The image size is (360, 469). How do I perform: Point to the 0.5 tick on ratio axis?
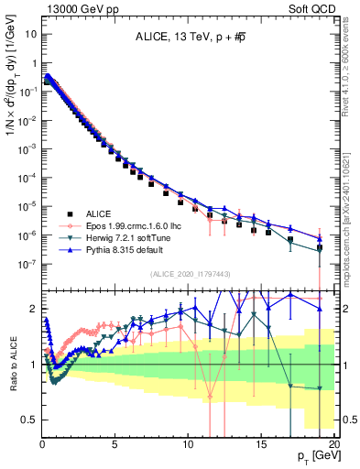pos(29,420)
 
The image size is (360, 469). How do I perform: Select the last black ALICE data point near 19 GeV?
pos(320,247)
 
